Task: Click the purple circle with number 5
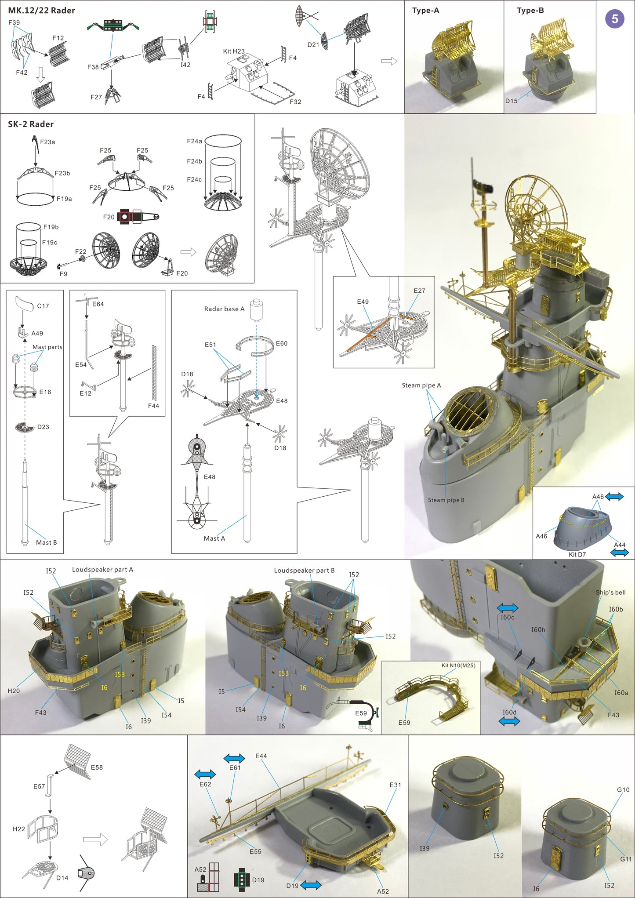(614, 19)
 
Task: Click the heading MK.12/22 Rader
(41, 11)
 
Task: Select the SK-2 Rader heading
(31, 124)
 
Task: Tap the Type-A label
(425, 11)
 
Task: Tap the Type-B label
(530, 11)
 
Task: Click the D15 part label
(511, 101)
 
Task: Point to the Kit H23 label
(234, 51)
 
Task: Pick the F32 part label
(295, 102)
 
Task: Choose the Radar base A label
(224, 309)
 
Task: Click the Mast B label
(46, 542)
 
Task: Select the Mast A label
(214, 538)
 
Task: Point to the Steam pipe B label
(446, 500)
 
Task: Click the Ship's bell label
(610, 593)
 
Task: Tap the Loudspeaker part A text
(102, 570)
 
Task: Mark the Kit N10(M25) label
(458, 665)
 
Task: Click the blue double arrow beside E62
(205, 774)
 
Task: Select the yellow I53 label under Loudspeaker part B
(283, 673)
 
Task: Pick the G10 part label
(623, 790)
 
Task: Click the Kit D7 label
(577, 555)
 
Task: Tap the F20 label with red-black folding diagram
(109, 217)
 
